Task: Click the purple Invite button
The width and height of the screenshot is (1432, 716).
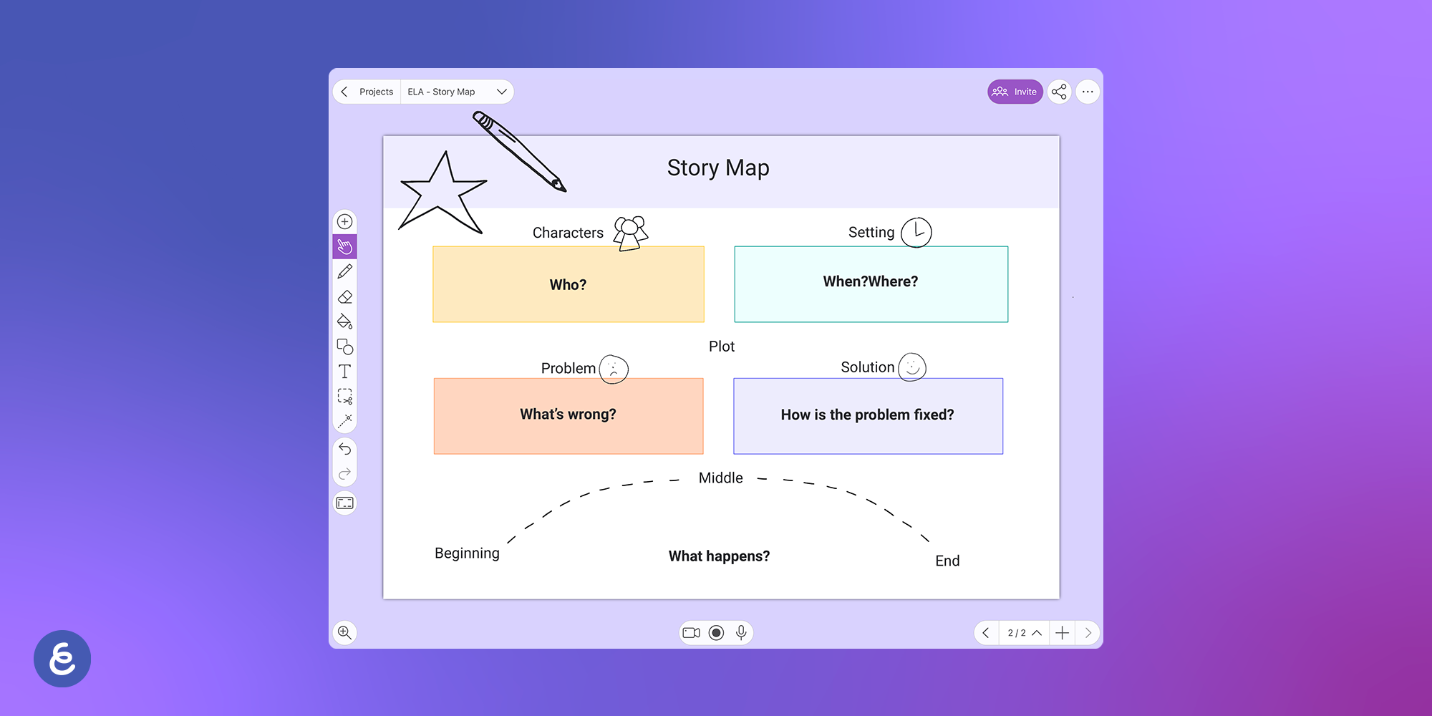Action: coord(1015,92)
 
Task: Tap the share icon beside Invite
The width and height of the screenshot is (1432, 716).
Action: coord(1059,92)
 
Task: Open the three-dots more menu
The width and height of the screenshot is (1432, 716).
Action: coord(1088,92)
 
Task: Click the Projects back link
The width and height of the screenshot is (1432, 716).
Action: coord(375,92)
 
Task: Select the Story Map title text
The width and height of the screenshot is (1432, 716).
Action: coord(718,168)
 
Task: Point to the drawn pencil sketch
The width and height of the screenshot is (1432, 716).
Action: coord(519,150)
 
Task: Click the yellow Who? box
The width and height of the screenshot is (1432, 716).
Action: coord(569,284)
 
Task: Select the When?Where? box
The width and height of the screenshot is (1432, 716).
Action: coord(871,284)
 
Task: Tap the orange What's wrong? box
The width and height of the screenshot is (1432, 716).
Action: coord(569,415)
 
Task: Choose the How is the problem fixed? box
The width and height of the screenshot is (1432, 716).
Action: coord(868,415)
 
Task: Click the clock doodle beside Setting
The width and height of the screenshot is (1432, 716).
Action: coord(916,232)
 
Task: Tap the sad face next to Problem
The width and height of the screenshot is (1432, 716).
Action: coord(614,369)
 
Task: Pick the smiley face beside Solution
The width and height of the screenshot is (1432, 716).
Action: coord(912,367)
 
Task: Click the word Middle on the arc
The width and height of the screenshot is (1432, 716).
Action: coord(720,478)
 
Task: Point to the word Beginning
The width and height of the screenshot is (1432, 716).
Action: coord(467,553)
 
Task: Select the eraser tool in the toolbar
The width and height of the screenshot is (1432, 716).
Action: coord(345,296)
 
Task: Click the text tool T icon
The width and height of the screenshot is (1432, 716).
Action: coord(345,372)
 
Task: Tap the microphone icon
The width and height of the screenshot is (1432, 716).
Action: coord(741,632)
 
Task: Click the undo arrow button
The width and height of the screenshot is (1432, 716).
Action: coord(345,449)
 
